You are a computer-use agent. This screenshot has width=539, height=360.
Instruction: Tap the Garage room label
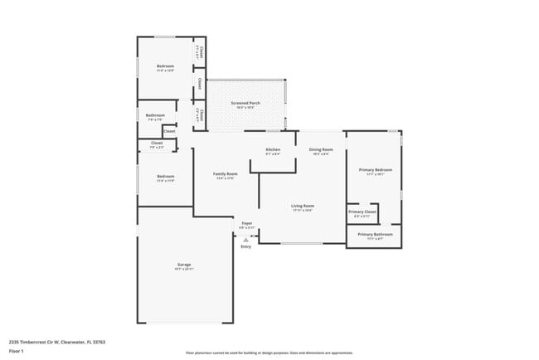pos(183,265)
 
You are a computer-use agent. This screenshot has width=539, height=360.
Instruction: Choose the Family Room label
pos(226,174)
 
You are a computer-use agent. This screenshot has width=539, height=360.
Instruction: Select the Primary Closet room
pos(362,212)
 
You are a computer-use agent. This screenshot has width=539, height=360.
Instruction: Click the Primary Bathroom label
pos(375,235)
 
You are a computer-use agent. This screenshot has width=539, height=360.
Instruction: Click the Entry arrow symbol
pos(245,239)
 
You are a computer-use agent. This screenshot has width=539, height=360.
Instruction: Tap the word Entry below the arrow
pos(245,246)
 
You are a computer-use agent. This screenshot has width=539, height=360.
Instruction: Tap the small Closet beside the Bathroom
pos(168,131)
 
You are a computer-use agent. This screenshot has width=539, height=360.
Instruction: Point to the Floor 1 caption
pos(16,351)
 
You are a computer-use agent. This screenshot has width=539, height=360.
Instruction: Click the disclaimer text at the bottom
pos(269,353)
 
